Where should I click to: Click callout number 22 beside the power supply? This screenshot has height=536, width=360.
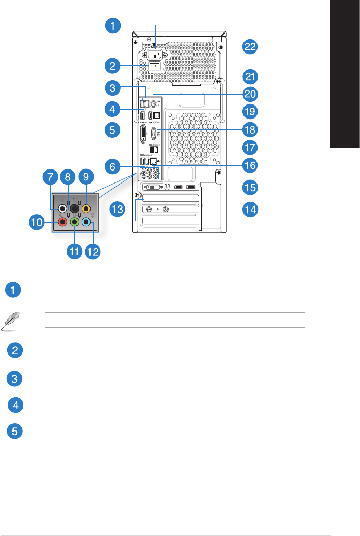click(251, 46)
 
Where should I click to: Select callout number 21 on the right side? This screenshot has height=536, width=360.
click(251, 77)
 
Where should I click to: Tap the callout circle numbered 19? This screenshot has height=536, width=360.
click(251, 111)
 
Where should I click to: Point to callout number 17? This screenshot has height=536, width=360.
click(251, 147)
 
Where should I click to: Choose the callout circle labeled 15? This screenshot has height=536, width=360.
click(251, 186)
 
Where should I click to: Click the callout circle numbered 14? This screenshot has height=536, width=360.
click(251, 210)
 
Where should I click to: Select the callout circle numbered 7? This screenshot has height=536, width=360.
click(50, 177)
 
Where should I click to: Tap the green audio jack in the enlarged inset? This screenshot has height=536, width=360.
click(74, 222)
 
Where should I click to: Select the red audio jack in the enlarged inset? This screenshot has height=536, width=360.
click(62, 222)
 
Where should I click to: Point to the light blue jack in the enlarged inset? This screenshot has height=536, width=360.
click(87, 222)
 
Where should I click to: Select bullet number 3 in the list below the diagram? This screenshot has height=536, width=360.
click(16, 379)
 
